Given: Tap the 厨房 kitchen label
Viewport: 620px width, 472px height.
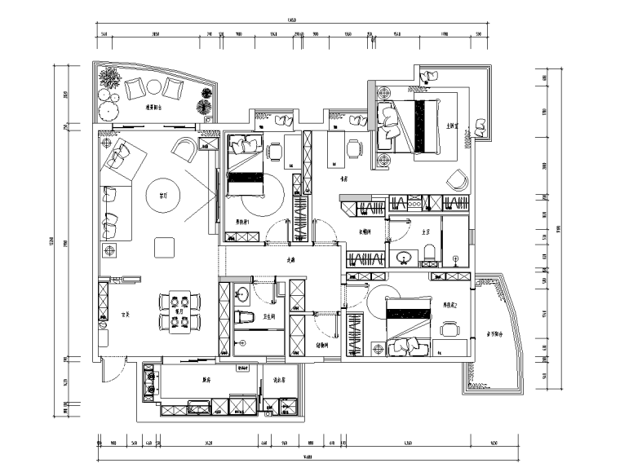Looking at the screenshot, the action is coord(207,379).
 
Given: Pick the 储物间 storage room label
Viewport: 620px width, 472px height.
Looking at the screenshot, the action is coord(321,344).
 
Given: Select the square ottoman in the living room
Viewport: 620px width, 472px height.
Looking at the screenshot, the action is coord(164,246).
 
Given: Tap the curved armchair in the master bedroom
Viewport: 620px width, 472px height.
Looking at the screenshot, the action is coord(457,179).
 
